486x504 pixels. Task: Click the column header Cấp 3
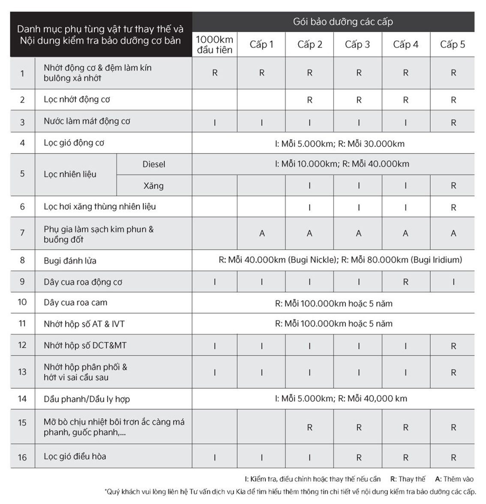[357, 45]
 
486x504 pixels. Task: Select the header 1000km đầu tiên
[215, 45]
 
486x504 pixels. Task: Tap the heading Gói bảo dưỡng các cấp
[342, 22]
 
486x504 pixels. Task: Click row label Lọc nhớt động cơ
[77, 100]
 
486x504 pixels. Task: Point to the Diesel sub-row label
[153, 164]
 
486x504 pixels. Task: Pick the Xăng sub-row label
[153, 186]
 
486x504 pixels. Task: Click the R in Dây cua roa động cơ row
[405, 282]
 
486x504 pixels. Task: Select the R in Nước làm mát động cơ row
[453, 123]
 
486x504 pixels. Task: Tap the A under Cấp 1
[262, 233]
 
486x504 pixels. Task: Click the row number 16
[22, 457]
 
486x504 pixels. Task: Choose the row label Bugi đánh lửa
[70, 261]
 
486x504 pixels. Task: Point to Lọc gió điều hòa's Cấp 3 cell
[359, 458]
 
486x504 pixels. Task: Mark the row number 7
[22, 233]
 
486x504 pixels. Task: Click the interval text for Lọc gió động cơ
[339, 144]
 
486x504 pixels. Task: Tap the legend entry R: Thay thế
[408, 479]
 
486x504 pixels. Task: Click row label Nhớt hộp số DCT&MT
[85, 346]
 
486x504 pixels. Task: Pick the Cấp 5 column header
[453, 45]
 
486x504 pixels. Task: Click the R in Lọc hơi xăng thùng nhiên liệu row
[453, 208]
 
